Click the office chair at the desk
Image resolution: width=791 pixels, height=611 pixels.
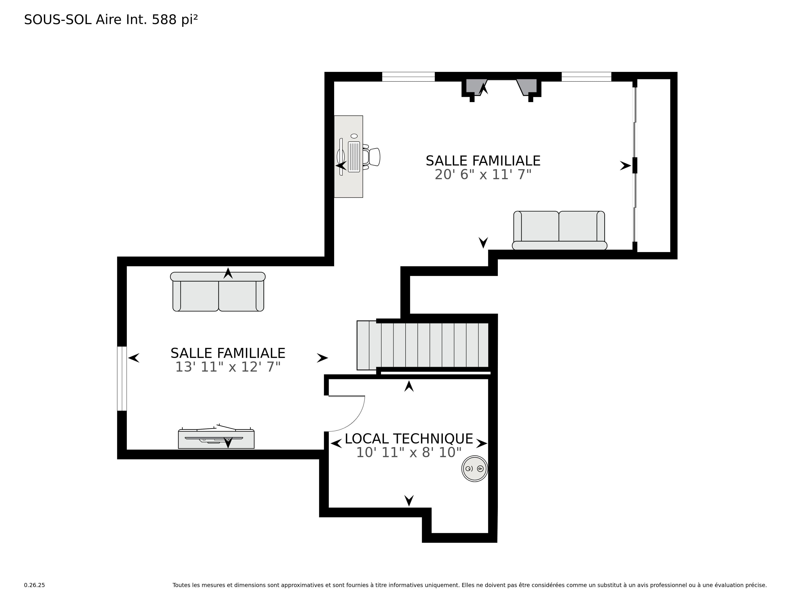click(372, 157)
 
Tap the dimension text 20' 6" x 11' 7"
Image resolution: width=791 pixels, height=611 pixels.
click(483, 175)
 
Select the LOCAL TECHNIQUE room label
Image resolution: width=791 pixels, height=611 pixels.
click(409, 439)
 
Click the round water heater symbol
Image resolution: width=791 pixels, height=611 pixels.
click(474, 468)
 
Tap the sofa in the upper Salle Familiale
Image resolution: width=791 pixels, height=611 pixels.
click(559, 230)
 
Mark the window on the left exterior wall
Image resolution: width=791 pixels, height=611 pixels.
click(122, 379)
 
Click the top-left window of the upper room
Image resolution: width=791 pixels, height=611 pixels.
click(408, 77)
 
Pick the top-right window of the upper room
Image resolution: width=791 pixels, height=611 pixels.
click(586, 77)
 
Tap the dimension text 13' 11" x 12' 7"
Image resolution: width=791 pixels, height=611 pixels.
click(228, 367)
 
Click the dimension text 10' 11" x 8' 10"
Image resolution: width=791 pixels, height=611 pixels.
click(409, 452)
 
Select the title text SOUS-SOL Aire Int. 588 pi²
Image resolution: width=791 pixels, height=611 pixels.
click(111, 20)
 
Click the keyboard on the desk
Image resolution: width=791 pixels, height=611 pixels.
click(354, 157)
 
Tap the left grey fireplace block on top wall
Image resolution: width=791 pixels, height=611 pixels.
click(476, 87)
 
